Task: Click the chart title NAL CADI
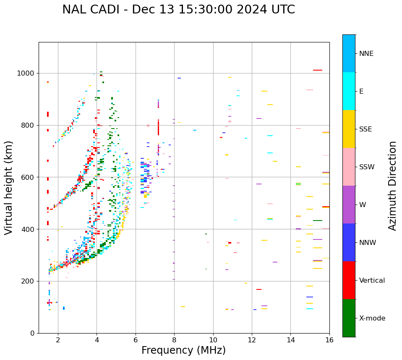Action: coord(178,10)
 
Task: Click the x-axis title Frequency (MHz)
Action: coord(183,350)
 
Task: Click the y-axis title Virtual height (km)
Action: coord(9,188)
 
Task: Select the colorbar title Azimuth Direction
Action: coord(392,186)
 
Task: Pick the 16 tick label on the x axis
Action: coord(329,340)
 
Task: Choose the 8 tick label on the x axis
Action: coord(175,340)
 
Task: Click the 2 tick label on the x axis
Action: coord(58,340)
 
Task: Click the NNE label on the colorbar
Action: coord(366,54)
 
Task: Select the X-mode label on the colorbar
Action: coord(372,318)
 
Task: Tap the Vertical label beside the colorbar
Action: coord(372,281)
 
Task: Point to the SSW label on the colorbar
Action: coord(367,167)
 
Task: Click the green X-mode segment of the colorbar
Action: coord(349,318)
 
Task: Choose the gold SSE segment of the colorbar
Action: coord(349,129)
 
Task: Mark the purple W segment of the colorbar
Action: coord(349,205)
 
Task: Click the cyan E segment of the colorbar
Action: coord(349,91)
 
